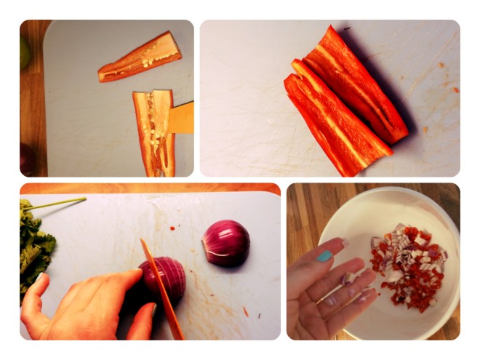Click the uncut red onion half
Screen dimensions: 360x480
tap(226, 241)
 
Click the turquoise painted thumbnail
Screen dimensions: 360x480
tap(324, 256)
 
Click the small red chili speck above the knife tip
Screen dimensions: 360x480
tap(172, 228)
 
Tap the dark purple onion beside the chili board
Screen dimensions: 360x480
tap(27, 158)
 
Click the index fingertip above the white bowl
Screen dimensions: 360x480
tap(342, 244)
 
